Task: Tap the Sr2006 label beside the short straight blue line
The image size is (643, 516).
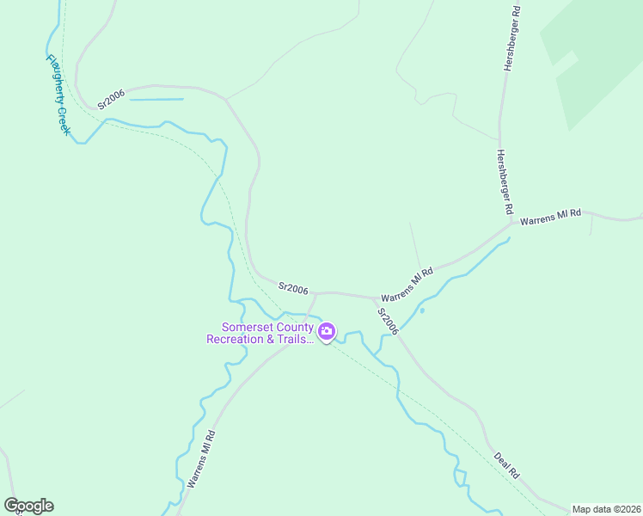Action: (111, 99)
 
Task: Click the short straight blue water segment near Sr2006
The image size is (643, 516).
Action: (156, 100)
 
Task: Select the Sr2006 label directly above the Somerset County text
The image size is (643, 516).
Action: (293, 289)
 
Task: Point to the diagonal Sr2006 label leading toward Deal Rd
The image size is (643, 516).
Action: (389, 322)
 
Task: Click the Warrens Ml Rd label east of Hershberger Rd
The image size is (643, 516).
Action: (551, 214)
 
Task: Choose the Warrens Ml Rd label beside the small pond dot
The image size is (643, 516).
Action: (407, 286)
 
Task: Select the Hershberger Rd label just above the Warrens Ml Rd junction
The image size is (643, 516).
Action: (504, 181)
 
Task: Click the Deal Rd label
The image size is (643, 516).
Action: (507, 465)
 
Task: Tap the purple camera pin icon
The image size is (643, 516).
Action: (327, 332)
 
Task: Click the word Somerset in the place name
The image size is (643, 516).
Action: (250, 327)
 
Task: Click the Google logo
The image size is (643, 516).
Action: (28, 506)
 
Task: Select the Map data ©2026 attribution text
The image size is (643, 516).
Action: (606, 509)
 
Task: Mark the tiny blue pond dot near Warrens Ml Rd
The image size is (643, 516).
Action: (421, 310)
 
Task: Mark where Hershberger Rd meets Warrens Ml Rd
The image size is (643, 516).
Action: (511, 224)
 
